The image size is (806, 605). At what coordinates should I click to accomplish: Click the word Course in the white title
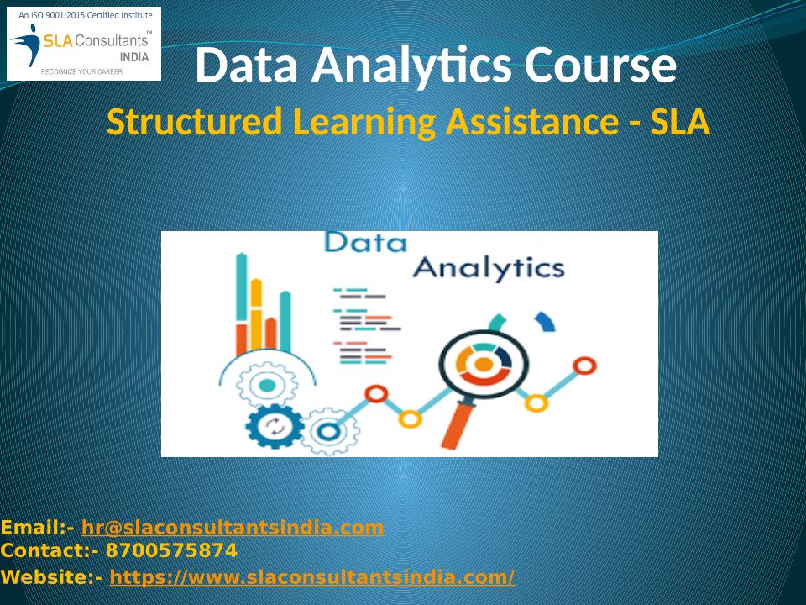point(599,66)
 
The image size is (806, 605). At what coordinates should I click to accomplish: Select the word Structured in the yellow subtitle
point(194,122)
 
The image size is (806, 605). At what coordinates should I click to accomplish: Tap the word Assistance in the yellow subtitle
point(532,122)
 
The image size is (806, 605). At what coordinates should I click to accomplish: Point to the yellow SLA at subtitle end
point(679,122)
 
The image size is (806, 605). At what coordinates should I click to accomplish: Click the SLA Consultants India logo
point(84,44)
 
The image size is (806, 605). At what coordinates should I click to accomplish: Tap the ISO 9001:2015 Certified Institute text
point(86,15)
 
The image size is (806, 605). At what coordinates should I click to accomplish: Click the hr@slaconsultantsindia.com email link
point(233,528)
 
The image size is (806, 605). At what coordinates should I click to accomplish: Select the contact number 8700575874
point(171,550)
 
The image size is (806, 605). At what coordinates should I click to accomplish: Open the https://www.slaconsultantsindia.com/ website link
point(312,576)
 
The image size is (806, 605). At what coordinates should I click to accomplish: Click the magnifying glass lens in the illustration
point(484,364)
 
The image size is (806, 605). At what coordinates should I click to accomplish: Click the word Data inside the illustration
point(365,242)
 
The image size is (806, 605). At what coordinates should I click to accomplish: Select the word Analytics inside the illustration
point(489,269)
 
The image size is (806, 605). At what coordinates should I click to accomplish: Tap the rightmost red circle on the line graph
point(584,366)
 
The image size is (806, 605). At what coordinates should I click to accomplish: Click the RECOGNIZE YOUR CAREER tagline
point(81,72)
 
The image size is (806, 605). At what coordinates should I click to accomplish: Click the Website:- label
point(51,576)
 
